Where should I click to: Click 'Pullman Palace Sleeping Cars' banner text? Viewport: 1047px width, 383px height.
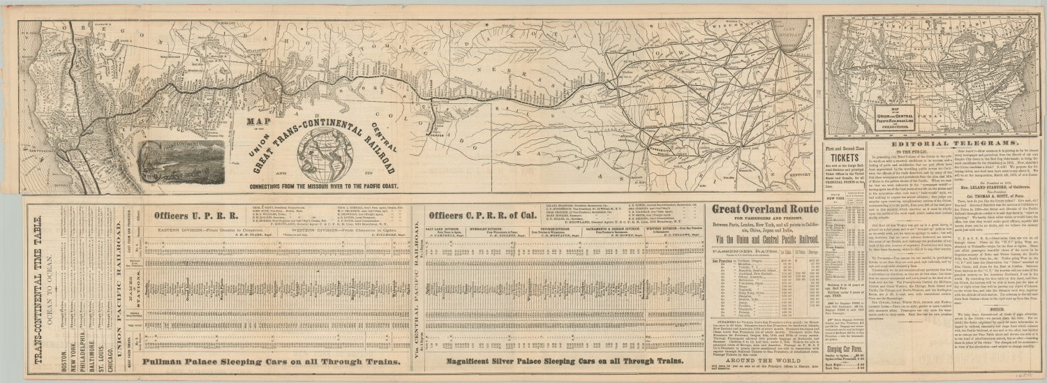tap(272, 361)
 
